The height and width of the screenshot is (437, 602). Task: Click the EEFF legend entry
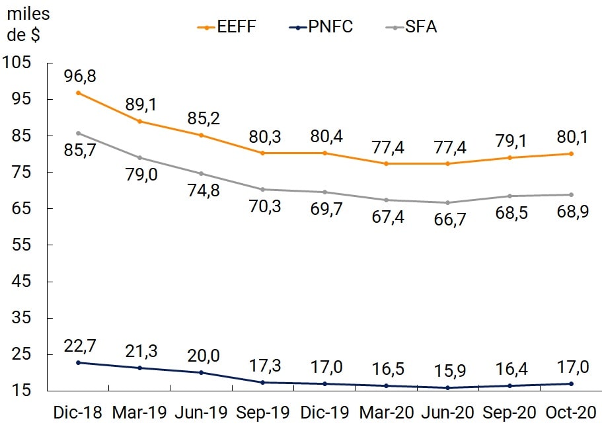227,26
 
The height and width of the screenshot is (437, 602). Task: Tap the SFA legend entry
412,26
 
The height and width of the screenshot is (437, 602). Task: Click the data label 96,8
80,76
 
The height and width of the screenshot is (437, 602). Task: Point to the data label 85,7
80,150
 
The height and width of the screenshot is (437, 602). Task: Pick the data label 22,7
80,345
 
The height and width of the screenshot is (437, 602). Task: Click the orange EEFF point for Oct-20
571,153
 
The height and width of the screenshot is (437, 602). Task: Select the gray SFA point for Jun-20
448,202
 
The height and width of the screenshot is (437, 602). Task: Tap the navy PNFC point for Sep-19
263,382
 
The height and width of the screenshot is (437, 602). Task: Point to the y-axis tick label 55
22,245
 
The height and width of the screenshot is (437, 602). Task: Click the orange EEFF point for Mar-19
140,121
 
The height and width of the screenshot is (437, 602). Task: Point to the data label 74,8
202,191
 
